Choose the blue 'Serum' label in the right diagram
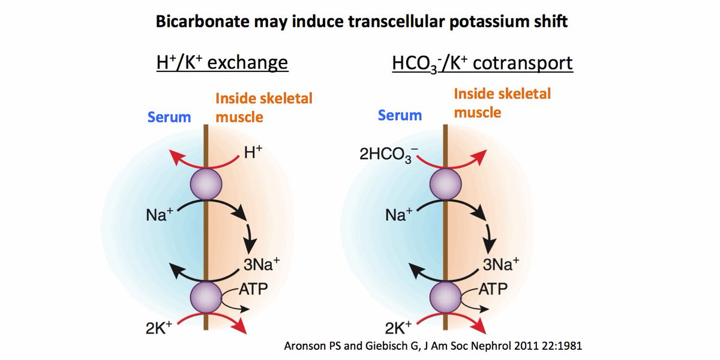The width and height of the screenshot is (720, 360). [400, 115]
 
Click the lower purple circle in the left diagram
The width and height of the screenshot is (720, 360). [206, 297]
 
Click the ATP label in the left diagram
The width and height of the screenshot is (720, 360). [254, 289]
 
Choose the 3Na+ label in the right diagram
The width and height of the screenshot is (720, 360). [501, 264]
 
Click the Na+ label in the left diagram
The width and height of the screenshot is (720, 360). [159, 215]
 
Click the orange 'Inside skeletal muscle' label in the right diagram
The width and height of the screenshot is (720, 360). [502, 103]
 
